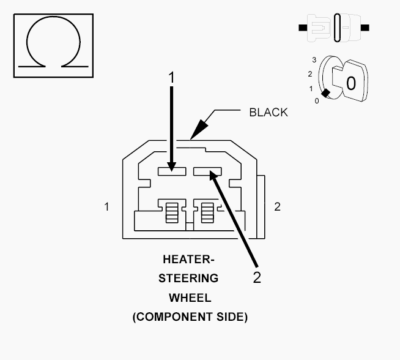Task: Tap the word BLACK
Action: click(x=269, y=113)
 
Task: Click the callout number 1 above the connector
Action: click(x=171, y=78)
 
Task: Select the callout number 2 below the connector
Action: click(x=257, y=277)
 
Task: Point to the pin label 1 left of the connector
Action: click(x=106, y=206)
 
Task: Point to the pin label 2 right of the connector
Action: click(x=277, y=206)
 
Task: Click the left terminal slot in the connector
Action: click(x=172, y=171)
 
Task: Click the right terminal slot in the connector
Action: click(x=207, y=171)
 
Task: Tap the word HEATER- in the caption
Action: click(x=188, y=260)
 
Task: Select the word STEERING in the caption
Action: click(x=188, y=279)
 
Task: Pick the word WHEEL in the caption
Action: click(x=190, y=298)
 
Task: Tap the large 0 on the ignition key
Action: click(x=351, y=83)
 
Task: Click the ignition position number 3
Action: click(x=314, y=60)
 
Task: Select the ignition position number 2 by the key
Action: click(x=310, y=74)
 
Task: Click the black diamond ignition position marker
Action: click(x=325, y=93)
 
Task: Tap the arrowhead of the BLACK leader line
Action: click(x=199, y=129)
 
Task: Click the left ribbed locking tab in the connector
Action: click(x=172, y=212)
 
